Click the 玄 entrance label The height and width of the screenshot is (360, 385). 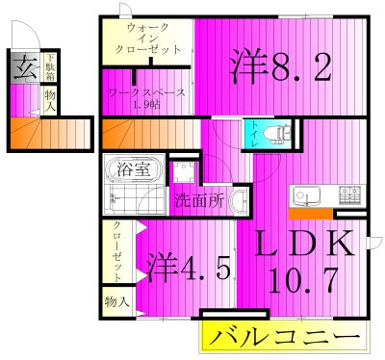[x=22, y=70]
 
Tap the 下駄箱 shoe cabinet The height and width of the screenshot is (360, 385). [x=49, y=70]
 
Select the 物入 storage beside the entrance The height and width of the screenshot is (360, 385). [x=49, y=100]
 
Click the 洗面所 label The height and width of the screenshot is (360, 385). [x=199, y=202]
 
